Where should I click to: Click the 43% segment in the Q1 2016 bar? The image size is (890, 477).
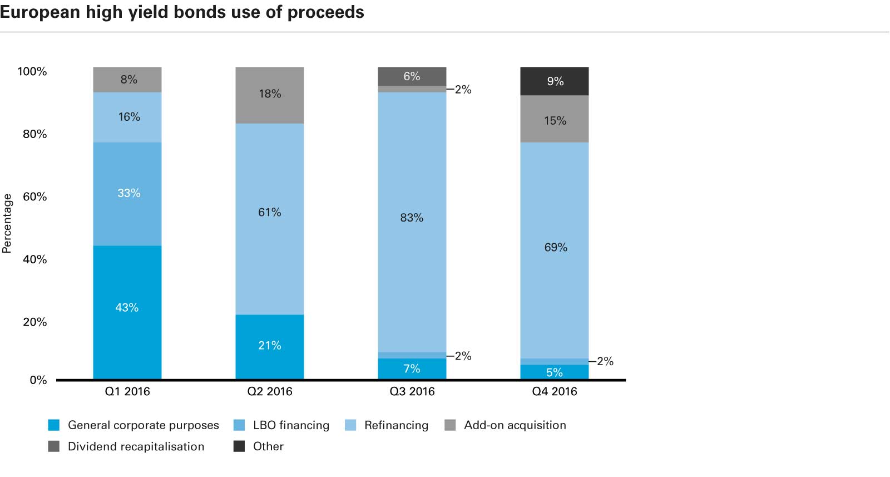coord(127,312)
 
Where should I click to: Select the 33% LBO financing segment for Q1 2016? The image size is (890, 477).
coord(127,194)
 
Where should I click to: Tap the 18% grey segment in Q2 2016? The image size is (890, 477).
coord(270,95)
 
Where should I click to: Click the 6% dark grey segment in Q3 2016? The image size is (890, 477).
coord(412,76)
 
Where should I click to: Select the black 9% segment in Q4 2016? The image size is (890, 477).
coord(555,81)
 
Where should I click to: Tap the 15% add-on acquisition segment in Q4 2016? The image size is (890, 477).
coord(555,119)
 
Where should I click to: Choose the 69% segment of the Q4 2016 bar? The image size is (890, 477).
coord(555,250)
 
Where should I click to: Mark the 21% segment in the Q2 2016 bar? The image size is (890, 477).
coord(270,346)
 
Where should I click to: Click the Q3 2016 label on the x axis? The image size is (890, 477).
coord(412,391)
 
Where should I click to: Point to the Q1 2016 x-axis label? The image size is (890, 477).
coord(127,391)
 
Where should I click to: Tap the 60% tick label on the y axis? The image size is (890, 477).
coord(34,196)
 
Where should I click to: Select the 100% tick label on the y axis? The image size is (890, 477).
coord(32,71)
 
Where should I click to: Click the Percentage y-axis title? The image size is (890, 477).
coord(7,223)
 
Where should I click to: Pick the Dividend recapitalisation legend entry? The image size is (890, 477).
coord(136,446)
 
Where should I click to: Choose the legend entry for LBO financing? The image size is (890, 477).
coord(290,425)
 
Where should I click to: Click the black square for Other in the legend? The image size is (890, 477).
coord(239,446)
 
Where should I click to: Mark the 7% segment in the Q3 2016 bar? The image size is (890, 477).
coord(412,368)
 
